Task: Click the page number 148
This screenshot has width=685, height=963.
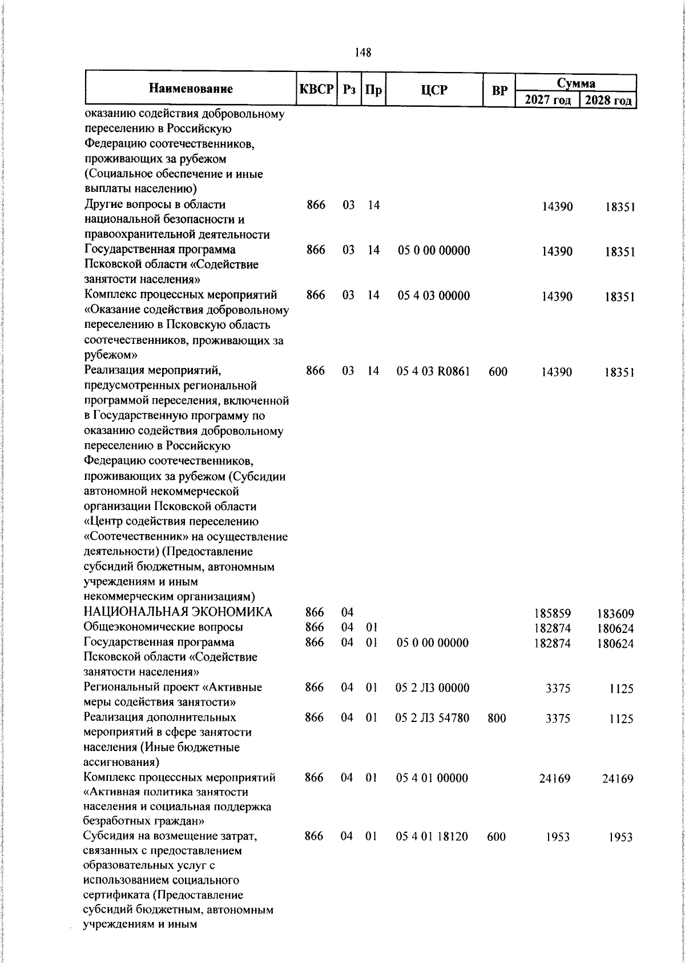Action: pyautogui.click(x=362, y=53)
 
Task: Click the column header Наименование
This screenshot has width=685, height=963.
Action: pyautogui.click(x=191, y=89)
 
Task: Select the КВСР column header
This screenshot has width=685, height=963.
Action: pyautogui.click(x=316, y=90)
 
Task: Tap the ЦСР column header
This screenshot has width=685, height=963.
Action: pyautogui.click(x=434, y=90)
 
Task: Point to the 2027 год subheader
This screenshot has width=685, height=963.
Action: pyautogui.click(x=547, y=101)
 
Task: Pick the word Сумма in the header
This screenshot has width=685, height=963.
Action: pyautogui.click(x=576, y=83)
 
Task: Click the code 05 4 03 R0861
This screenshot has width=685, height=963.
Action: pyautogui.click(x=433, y=372)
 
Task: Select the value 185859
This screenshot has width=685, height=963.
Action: pyautogui.click(x=553, y=614)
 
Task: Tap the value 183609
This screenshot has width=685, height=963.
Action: pyautogui.click(x=615, y=614)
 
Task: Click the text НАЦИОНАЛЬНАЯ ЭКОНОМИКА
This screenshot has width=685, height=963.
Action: pyautogui.click(x=178, y=612)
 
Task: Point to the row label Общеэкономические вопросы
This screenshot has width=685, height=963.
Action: pyautogui.click(x=163, y=627)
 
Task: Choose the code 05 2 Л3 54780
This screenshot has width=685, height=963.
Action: pyautogui.click(x=432, y=718)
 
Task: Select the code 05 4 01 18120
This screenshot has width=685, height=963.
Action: pyautogui.click(x=432, y=837)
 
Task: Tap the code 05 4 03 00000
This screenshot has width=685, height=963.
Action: pyautogui.click(x=433, y=296)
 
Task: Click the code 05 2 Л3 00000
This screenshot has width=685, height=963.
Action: pyautogui.click(x=432, y=688)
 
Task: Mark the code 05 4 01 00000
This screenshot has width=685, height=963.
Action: pyautogui.click(x=432, y=778)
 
